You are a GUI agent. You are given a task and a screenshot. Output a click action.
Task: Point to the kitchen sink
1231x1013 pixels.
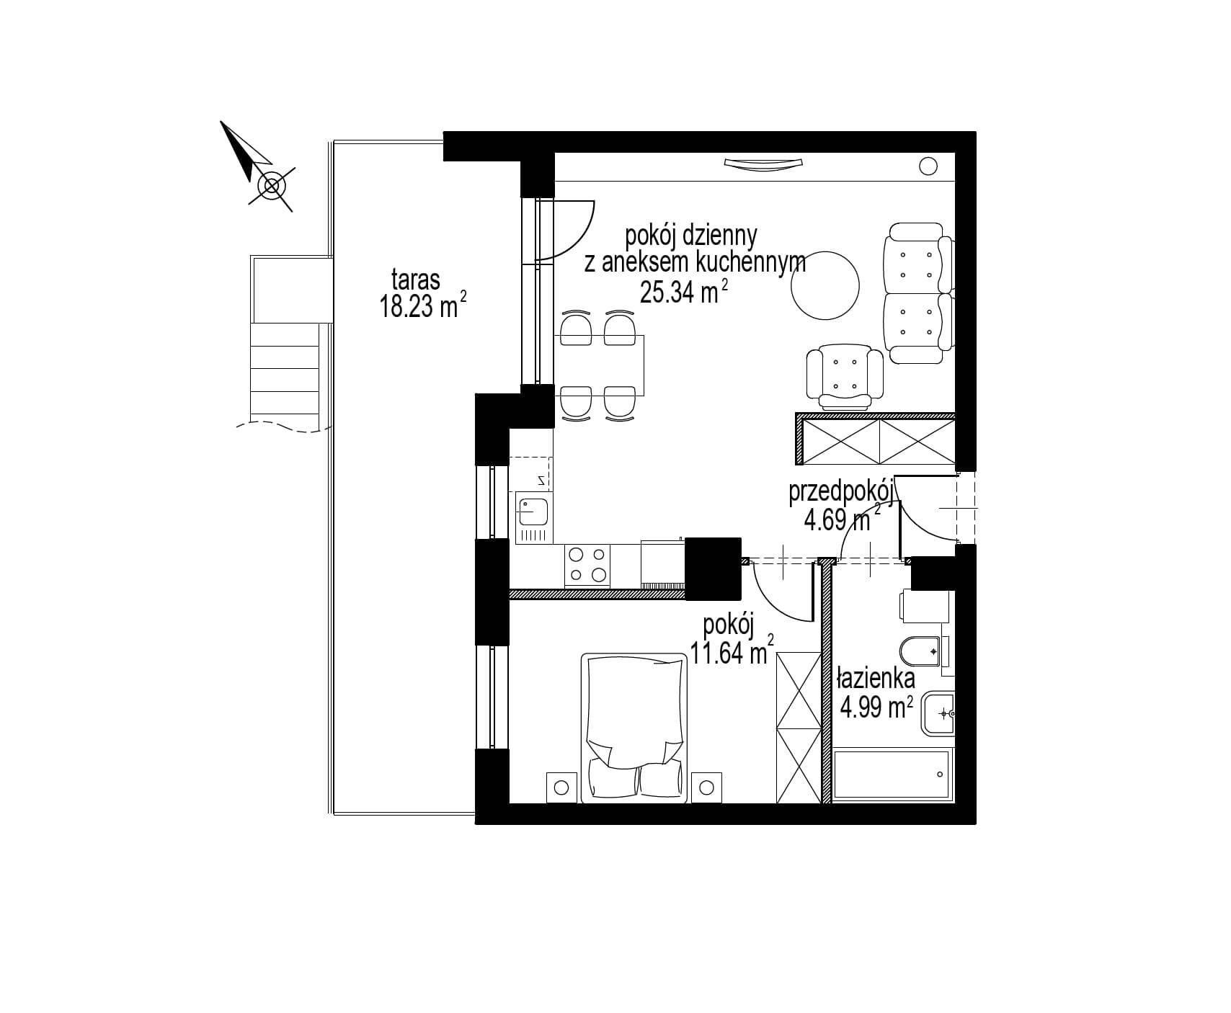(533, 512)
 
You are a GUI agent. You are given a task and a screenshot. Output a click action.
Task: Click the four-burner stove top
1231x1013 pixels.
(587, 564)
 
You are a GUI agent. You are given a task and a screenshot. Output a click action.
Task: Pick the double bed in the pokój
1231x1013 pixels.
(634, 727)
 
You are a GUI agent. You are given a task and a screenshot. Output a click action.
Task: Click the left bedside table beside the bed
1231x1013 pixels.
(561, 786)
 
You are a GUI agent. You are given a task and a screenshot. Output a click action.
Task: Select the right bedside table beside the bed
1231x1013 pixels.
(707, 786)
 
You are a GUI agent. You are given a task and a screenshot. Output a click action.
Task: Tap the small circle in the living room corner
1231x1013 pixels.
(929, 166)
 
